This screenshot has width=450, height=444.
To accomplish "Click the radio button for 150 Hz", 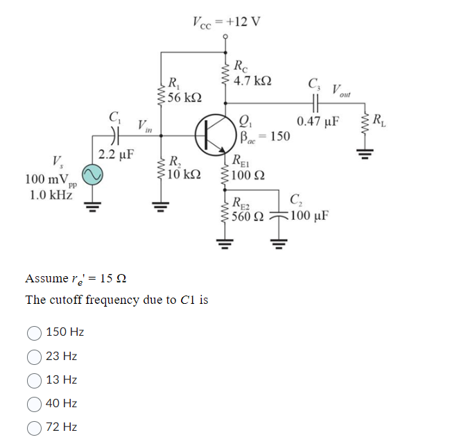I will click(35, 332).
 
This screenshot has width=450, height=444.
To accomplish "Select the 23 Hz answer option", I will click(35, 357).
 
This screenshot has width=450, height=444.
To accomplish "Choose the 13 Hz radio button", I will click(35, 380).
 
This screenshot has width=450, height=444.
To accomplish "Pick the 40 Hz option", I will click(35, 404).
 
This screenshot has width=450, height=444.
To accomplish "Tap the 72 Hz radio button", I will click(35, 427).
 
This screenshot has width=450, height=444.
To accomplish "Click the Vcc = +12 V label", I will click(226, 20).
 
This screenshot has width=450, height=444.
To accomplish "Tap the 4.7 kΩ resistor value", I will click(253, 81).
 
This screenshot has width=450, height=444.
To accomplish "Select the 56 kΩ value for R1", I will click(186, 97).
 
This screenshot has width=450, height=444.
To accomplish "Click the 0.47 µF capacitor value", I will click(318, 122).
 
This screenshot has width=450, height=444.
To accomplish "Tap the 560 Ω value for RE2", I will click(248, 216).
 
